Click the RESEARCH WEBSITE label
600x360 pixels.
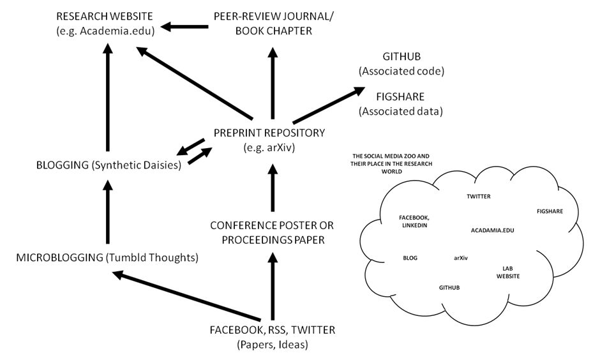[105, 24]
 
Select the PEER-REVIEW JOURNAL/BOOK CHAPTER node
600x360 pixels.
[274, 24]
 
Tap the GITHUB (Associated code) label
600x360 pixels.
[401, 63]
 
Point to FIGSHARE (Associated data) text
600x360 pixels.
[401, 103]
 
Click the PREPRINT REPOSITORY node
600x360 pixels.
[269, 140]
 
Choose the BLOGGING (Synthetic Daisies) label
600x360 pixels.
[109, 165]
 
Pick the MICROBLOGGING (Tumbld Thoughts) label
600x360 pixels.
[107, 257]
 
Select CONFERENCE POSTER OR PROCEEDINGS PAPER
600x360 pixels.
[272, 232]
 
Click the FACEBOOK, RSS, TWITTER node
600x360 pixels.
[273, 337]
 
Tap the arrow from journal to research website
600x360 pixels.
[184, 27]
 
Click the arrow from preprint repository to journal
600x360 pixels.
[273, 83]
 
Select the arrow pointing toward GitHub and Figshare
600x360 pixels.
[329, 105]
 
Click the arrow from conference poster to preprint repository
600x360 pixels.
[273, 188]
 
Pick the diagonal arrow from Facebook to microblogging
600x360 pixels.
[186, 296]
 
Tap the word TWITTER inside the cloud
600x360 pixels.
[478, 196]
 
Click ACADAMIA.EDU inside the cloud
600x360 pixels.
[493, 230]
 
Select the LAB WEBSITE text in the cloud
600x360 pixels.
[508, 272]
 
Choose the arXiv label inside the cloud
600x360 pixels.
[461, 258]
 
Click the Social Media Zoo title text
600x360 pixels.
[391, 163]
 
